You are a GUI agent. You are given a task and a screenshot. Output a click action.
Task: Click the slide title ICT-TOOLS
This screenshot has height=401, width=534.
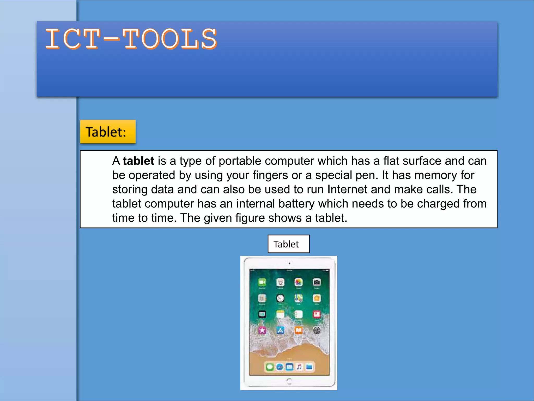coord(131,39)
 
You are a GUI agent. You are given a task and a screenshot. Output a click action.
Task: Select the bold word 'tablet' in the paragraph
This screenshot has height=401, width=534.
coord(138,161)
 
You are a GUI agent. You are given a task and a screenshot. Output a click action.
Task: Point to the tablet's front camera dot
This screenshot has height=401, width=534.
coord(289,263)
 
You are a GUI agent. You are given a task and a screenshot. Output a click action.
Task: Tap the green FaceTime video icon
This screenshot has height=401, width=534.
coord(262,282)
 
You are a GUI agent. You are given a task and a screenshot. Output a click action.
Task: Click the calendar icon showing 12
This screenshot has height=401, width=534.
coord(280,282)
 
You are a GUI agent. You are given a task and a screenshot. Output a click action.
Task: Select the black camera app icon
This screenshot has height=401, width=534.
coord(317,282)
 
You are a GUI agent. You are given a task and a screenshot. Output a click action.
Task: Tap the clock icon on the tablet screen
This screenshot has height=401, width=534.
coord(280,298)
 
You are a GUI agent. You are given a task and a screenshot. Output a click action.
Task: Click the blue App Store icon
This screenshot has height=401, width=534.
coord(280,331)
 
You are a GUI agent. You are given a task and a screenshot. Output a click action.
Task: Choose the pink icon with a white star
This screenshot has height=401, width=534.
coord(262,331)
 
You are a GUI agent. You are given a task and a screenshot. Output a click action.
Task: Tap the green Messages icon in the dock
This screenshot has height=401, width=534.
coord(270,367)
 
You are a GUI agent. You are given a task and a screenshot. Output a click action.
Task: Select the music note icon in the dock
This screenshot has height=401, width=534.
coord(299,367)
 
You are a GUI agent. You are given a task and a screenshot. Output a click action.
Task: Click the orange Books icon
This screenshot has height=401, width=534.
coord(299,331)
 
